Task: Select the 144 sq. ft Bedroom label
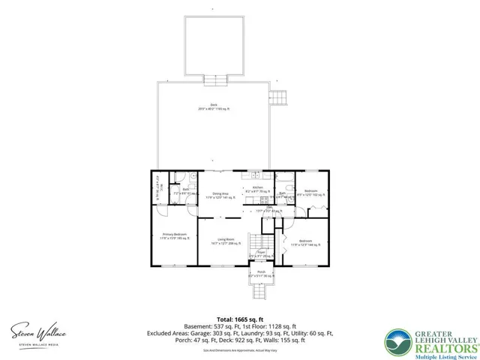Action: point(305,242)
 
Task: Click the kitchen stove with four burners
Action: point(264,200)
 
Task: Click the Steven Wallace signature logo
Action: point(37,331)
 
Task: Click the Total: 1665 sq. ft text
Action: point(240,318)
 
